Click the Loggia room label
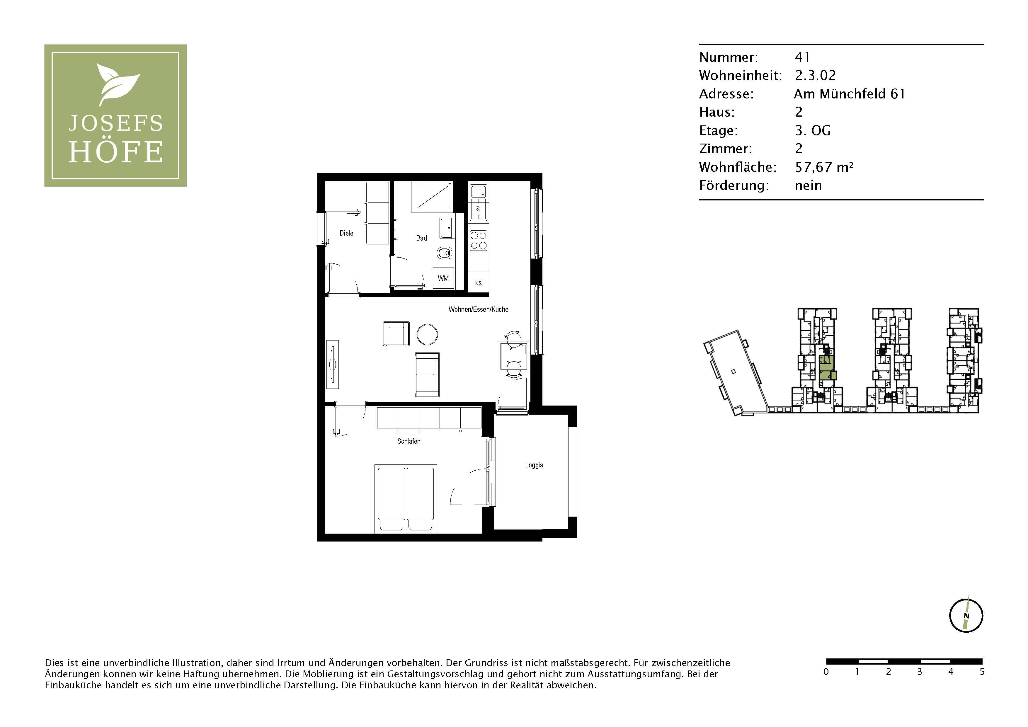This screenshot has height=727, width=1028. pyautogui.click(x=534, y=465)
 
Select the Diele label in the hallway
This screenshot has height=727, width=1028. pyautogui.click(x=346, y=233)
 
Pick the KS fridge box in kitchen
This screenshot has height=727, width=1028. pyautogui.click(x=478, y=283)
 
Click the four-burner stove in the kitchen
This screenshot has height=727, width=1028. pyautogui.click(x=478, y=240)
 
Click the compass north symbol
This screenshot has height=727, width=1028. pyautogui.click(x=966, y=616)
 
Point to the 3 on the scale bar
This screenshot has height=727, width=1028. pyautogui.click(x=919, y=672)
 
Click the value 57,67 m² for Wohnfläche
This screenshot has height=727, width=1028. pyautogui.click(x=823, y=167)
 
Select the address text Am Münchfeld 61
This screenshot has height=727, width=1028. pyautogui.click(x=849, y=94)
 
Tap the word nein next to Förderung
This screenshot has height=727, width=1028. pyautogui.click(x=808, y=185)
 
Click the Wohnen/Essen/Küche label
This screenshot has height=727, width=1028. pyautogui.click(x=478, y=309)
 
